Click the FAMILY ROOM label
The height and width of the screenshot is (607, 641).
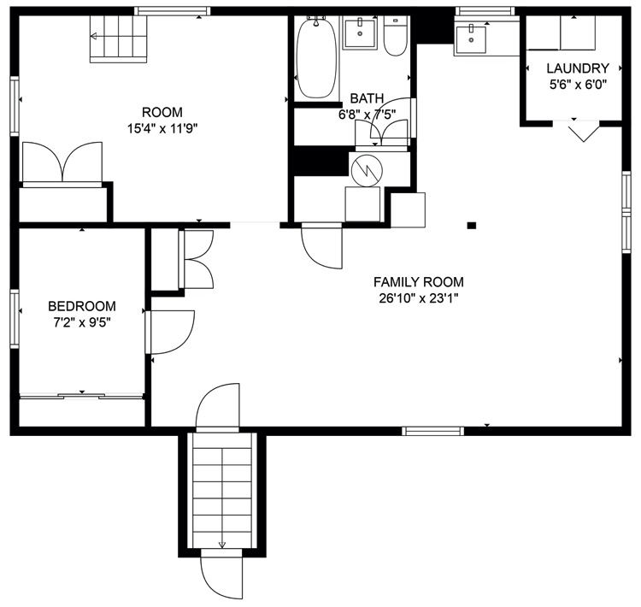[x=419, y=282]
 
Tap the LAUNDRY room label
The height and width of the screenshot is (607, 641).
[x=578, y=68]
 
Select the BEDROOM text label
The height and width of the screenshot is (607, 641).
[x=82, y=306]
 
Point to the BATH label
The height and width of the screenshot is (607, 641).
[x=367, y=98]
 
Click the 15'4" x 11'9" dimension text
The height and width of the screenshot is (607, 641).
[x=162, y=129]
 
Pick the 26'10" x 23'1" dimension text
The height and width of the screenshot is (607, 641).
[x=419, y=298]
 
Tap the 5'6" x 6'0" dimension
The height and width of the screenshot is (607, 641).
[x=578, y=85]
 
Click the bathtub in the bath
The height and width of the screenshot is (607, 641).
[x=317, y=57]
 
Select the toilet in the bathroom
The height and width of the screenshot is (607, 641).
[x=396, y=36]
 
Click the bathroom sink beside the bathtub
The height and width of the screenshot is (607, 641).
[x=360, y=32]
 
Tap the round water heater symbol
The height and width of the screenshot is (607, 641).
[x=368, y=171]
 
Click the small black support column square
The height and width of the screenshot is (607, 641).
[x=472, y=225]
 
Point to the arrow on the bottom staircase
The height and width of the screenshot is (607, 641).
[x=222, y=497]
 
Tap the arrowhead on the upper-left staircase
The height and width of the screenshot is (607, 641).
[x=94, y=37]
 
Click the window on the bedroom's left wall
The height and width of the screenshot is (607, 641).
[x=15, y=319]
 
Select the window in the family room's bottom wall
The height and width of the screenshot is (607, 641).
[x=433, y=431]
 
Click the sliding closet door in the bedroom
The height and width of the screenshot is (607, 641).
[x=82, y=396]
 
